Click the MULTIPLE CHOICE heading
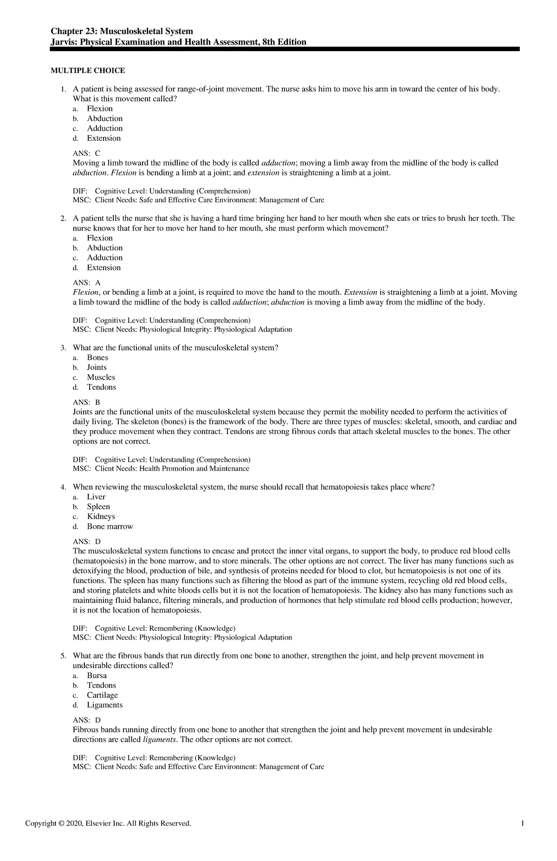[88, 71]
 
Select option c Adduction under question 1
[104, 129]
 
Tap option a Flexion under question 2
[100, 238]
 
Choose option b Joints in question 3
[97, 368]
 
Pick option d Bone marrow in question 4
[110, 526]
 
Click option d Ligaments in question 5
[104, 705]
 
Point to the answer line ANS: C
[86, 153]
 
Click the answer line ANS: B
[86, 402]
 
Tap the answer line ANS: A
[86, 283]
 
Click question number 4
[63, 487]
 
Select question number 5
[63, 656]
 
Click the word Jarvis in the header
[64, 42]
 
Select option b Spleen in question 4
[98, 507]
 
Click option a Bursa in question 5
[97, 676]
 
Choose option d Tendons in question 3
[101, 387]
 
